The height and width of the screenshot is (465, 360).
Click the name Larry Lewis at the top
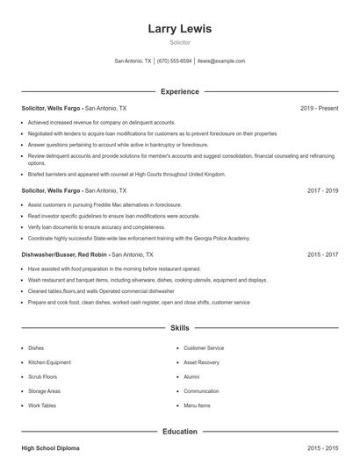[179, 29]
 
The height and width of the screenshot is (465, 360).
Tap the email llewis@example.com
[221, 61]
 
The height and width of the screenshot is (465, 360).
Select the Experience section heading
[179, 91]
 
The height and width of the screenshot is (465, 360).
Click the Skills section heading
[179, 328]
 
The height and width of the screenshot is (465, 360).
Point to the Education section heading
[179, 431]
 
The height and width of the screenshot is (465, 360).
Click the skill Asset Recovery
[202, 362]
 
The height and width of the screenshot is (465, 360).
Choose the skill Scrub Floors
[45, 376]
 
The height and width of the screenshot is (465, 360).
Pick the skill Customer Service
[204, 348]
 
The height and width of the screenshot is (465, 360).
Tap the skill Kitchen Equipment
[51, 362]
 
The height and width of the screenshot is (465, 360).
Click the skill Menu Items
[197, 406]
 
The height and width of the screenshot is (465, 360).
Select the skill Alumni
[191, 376]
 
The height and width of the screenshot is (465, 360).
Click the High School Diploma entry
[51, 448]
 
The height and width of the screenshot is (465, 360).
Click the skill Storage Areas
[46, 391]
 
